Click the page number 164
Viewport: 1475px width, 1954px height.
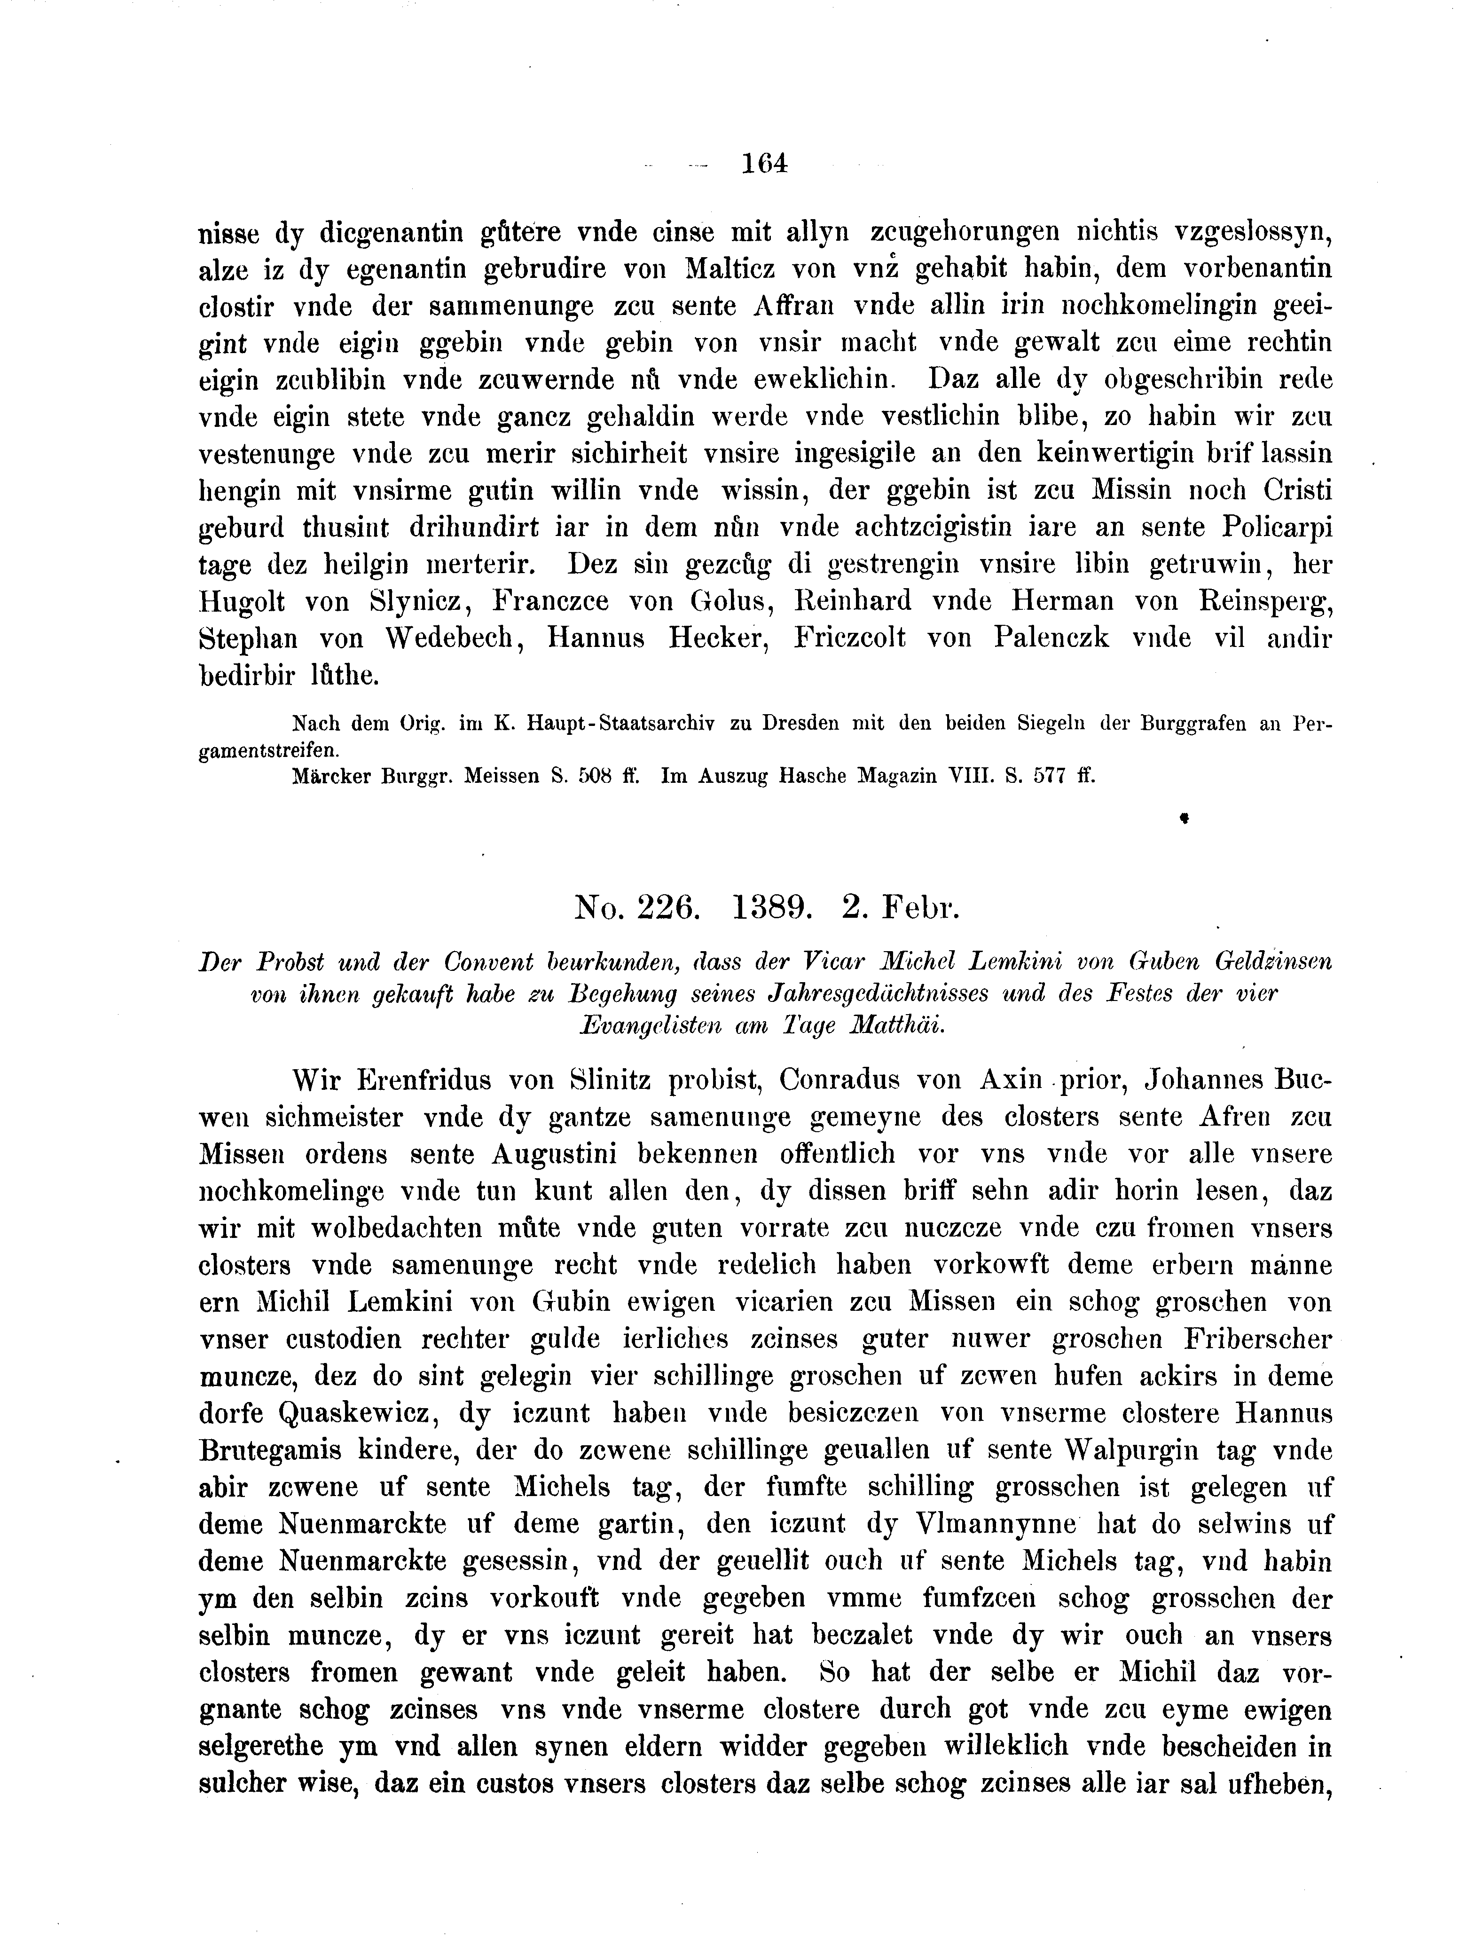point(764,164)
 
